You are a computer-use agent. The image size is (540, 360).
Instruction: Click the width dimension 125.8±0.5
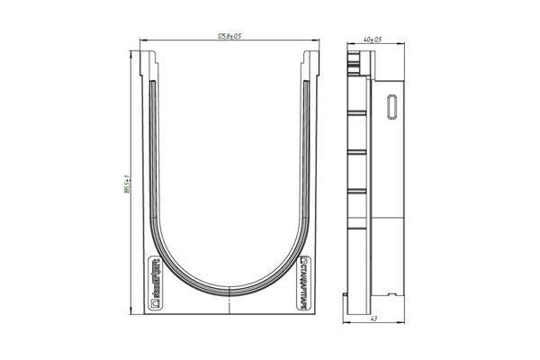pos(231,36)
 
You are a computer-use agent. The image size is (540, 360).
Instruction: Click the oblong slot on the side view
pos(391,105)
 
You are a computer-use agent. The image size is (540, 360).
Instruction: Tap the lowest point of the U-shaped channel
pos(230,292)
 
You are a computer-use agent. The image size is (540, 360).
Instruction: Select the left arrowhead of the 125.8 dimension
pos(143,40)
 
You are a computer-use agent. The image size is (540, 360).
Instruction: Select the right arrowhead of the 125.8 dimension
pos(319,40)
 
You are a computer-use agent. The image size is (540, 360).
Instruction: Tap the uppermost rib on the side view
pos(357,112)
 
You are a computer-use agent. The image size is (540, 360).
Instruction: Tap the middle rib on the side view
pos(357,153)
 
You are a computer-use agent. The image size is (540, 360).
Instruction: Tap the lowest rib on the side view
pos(357,192)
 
